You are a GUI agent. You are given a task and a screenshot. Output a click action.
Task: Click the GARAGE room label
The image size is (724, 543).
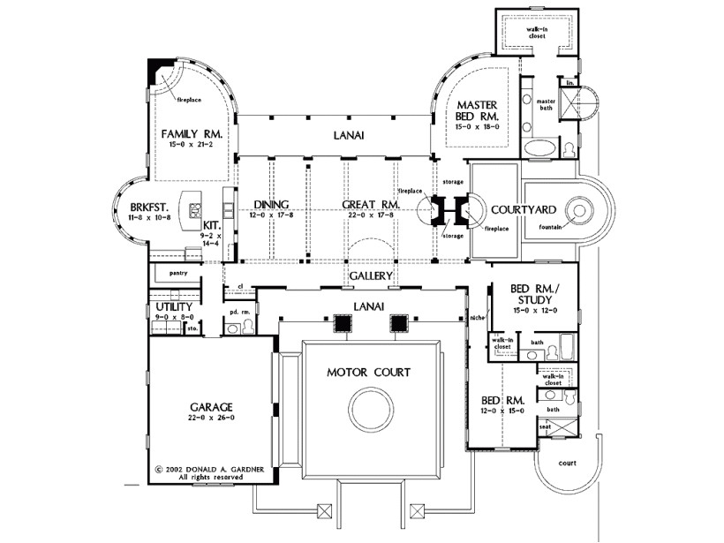[210, 407]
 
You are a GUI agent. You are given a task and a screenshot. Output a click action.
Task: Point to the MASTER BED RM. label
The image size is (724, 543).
[478, 110]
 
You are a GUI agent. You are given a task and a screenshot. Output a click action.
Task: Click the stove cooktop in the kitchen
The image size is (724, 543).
[195, 211]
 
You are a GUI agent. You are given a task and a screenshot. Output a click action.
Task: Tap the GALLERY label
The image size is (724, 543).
[369, 276]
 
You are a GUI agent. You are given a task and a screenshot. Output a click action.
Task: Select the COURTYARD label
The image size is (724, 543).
[524, 209]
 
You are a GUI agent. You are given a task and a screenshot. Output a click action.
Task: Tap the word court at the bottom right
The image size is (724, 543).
[568, 464]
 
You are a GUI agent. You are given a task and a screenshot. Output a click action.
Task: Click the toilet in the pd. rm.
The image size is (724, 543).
[248, 328]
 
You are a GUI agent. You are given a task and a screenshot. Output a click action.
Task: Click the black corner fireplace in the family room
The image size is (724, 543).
[157, 68]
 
